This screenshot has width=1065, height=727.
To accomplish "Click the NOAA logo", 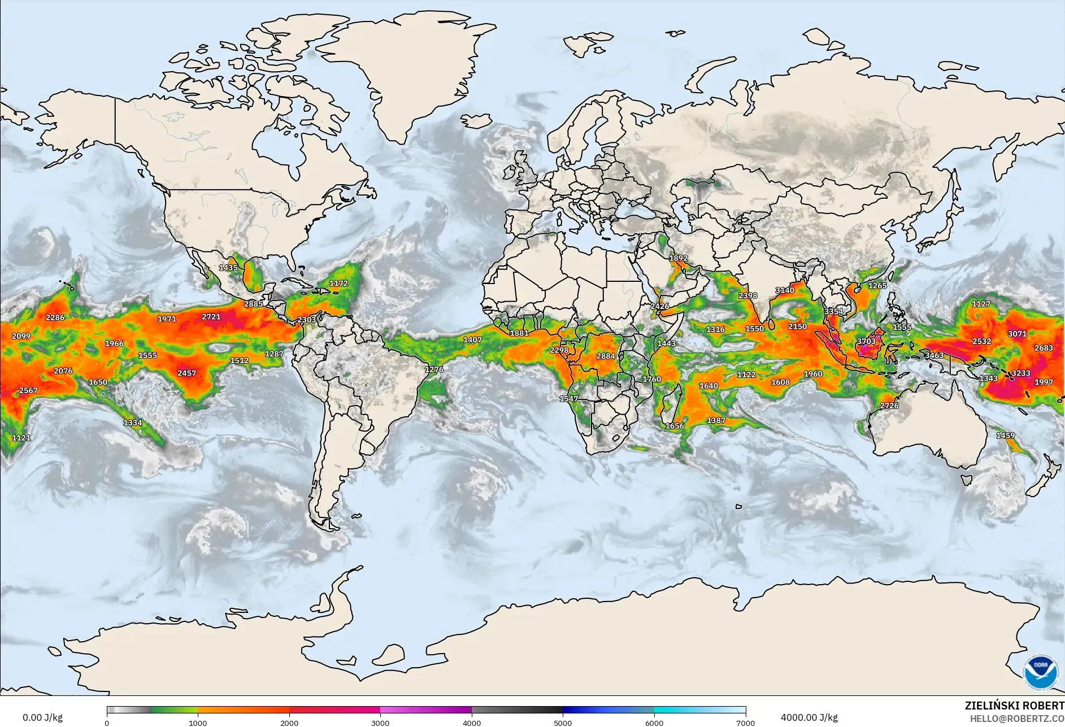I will coord(1040,672).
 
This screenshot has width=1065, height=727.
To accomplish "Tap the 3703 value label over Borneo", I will coord(866,341).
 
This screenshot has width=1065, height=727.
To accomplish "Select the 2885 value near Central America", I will coord(254,304).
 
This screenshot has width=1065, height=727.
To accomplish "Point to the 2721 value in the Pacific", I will coord(211,317).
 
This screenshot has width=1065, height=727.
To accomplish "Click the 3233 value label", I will coord(1021,373).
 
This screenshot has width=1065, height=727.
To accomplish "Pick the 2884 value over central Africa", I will coord(606,356).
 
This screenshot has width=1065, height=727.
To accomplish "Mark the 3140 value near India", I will coord(785,290).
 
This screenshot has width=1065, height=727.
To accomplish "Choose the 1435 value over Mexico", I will coord(228,268).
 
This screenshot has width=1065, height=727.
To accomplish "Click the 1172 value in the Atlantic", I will coord(338,284).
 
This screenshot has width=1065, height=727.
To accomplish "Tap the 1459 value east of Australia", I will coord(1005,436).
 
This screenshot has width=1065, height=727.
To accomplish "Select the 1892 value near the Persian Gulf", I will coord(679,258).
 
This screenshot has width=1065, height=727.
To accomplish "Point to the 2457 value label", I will coord(186,373).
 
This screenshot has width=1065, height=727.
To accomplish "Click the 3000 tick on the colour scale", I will coord(380,723).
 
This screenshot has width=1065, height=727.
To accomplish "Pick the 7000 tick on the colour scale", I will coord(746,723).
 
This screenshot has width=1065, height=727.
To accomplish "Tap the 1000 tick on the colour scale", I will coord(198,723).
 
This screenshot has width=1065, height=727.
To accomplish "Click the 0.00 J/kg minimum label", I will coord(42,718).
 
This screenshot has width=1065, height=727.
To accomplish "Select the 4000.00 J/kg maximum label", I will coord(809,718).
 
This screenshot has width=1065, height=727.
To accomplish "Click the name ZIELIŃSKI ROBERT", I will coord(1014,706).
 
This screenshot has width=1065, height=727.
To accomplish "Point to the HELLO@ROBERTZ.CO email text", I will coord(1017,719).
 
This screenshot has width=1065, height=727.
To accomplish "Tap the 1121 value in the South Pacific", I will coord(21,438).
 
